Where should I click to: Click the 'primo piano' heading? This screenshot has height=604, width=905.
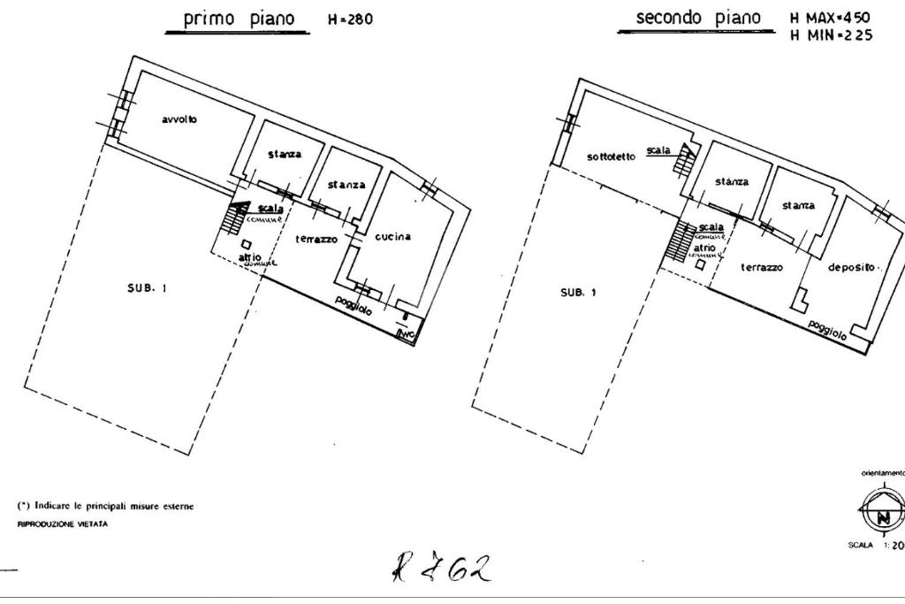(x=239, y=19)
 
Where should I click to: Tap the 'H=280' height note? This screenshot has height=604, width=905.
(x=350, y=20)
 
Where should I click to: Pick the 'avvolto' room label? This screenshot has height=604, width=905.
(x=179, y=119)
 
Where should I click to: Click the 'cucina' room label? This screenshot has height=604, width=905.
(x=392, y=236)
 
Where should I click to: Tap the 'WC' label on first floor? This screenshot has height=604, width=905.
(x=407, y=333)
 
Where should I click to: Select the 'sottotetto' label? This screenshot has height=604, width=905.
(x=611, y=157)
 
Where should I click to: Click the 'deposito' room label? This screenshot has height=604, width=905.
(x=851, y=266)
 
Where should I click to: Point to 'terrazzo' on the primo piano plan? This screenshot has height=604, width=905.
(x=316, y=239)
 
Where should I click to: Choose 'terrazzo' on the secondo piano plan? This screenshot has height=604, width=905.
(x=762, y=266)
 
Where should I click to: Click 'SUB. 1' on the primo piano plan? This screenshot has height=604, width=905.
(x=147, y=287)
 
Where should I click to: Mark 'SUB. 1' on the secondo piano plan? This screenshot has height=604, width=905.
(x=578, y=293)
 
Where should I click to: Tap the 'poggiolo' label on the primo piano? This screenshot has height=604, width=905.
(x=354, y=305)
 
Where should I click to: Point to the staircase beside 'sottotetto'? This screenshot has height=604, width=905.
(x=682, y=161)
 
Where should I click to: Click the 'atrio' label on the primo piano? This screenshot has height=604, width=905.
(x=250, y=256)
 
